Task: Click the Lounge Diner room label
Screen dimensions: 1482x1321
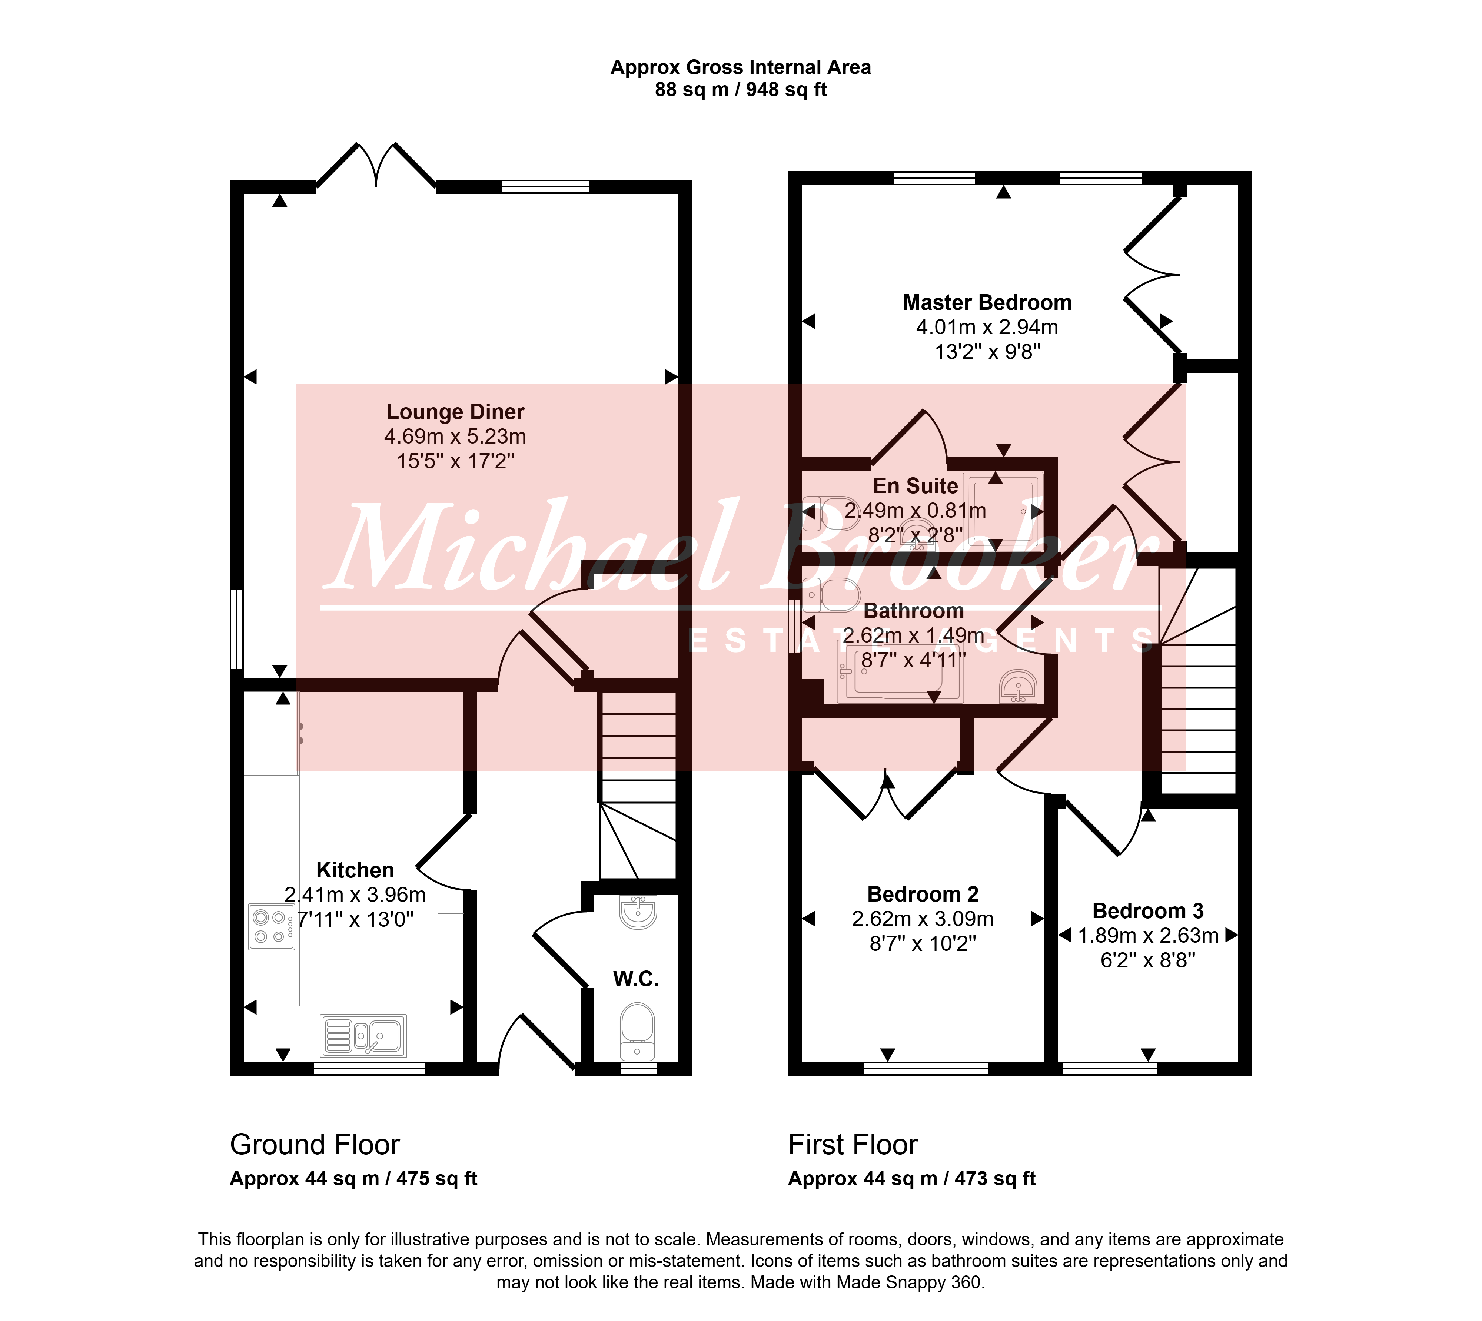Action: pyautogui.click(x=455, y=412)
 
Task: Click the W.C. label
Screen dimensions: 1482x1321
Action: pyautogui.click(x=636, y=979)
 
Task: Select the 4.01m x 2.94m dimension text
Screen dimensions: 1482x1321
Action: pyautogui.click(x=987, y=327)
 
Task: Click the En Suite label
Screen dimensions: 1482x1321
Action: pyautogui.click(x=915, y=485)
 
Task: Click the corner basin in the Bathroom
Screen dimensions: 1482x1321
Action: pyautogui.click(x=1019, y=687)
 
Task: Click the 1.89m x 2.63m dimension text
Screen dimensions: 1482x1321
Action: pyautogui.click(x=1147, y=936)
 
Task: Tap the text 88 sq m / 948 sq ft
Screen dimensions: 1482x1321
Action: pyautogui.click(x=741, y=90)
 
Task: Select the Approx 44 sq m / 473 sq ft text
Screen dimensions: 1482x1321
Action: pyautogui.click(x=911, y=1179)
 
